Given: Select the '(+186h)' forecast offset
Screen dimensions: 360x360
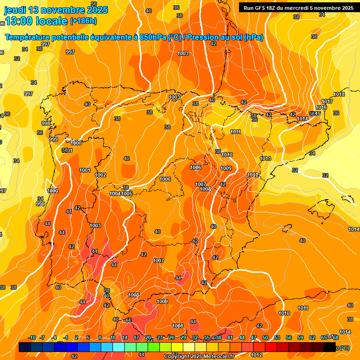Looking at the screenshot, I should coord(83,21).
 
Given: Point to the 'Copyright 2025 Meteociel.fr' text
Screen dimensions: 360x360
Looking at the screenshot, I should coord(199,356).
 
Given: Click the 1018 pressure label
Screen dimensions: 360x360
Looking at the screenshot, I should coord(339,95).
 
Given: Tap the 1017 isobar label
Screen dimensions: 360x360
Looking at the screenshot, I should coord(327,102).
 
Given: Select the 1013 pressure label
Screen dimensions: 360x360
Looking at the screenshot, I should coord(265,159).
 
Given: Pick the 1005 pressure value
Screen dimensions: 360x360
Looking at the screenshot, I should coord(127,194).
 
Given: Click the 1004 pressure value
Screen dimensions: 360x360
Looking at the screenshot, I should coord(115,194).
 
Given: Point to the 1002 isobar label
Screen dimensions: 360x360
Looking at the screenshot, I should coord(100,175).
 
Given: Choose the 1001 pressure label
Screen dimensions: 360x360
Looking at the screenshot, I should coord(85,170).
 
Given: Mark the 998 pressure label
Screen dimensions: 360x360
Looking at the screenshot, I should coord(45,124).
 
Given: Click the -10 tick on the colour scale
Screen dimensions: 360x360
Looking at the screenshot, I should coord(32,338).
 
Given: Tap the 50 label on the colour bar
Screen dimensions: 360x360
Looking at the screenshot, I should coord(265,338).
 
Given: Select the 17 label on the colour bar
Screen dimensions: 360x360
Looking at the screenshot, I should coord(136,338).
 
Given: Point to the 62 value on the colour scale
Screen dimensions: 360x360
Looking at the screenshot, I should coord(312,338).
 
